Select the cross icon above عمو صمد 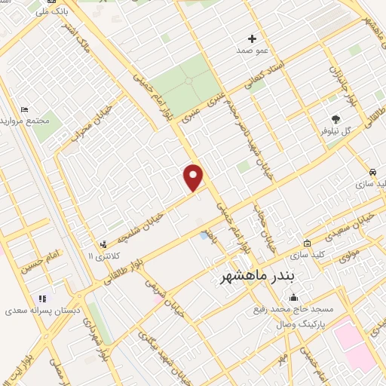point(253,38)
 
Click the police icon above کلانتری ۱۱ point(103,244)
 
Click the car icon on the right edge point(374,171)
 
